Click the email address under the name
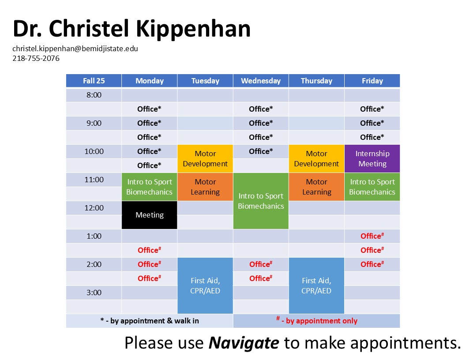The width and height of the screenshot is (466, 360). point(75,49)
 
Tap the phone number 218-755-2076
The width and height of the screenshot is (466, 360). point(36,58)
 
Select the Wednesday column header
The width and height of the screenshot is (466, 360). point(261,81)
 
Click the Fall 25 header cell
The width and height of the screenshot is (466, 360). point(94,81)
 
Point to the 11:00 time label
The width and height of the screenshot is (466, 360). point(94,180)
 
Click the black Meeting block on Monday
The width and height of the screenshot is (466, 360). point(150,215)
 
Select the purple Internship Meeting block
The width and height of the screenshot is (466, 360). point(372,159)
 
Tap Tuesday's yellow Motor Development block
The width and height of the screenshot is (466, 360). point(205,159)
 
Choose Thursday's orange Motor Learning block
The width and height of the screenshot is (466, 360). point(316,187)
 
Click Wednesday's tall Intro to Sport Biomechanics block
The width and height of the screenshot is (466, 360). point(261,201)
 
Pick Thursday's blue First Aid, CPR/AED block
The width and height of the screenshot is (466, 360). point(316,285)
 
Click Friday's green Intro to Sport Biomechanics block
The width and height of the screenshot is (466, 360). point(372,187)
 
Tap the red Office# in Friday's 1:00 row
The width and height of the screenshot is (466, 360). point(372,236)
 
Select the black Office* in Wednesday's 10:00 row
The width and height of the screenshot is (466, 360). point(261,151)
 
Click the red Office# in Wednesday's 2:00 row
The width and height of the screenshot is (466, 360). point(261,264)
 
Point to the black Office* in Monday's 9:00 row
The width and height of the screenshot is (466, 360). point(149,123)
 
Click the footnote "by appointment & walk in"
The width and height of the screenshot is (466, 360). point(154,321)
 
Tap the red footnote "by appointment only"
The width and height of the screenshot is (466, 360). point(322,321)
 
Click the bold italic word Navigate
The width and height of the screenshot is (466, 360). point(244,343)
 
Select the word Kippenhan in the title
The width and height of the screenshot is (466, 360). point(193,29)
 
